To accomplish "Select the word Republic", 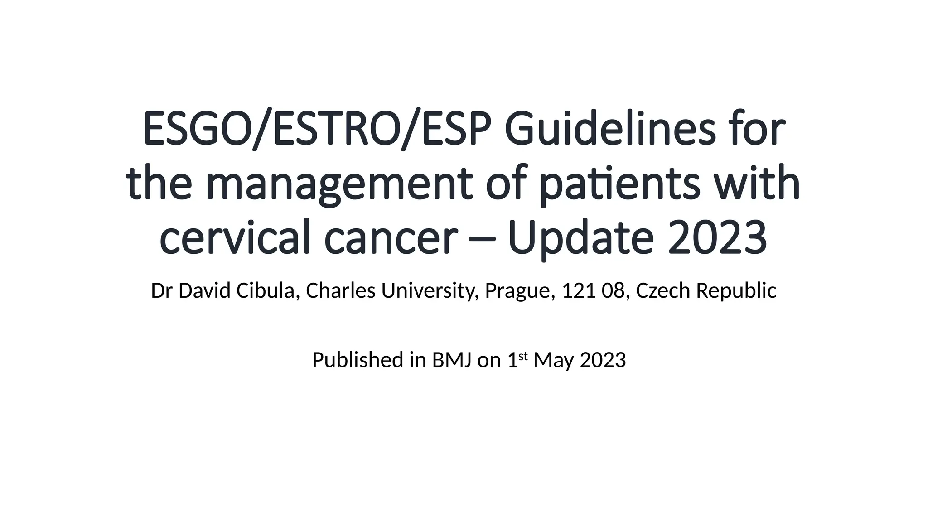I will click(x=736, y=291).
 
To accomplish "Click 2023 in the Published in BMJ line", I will click(x=603, y=360).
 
